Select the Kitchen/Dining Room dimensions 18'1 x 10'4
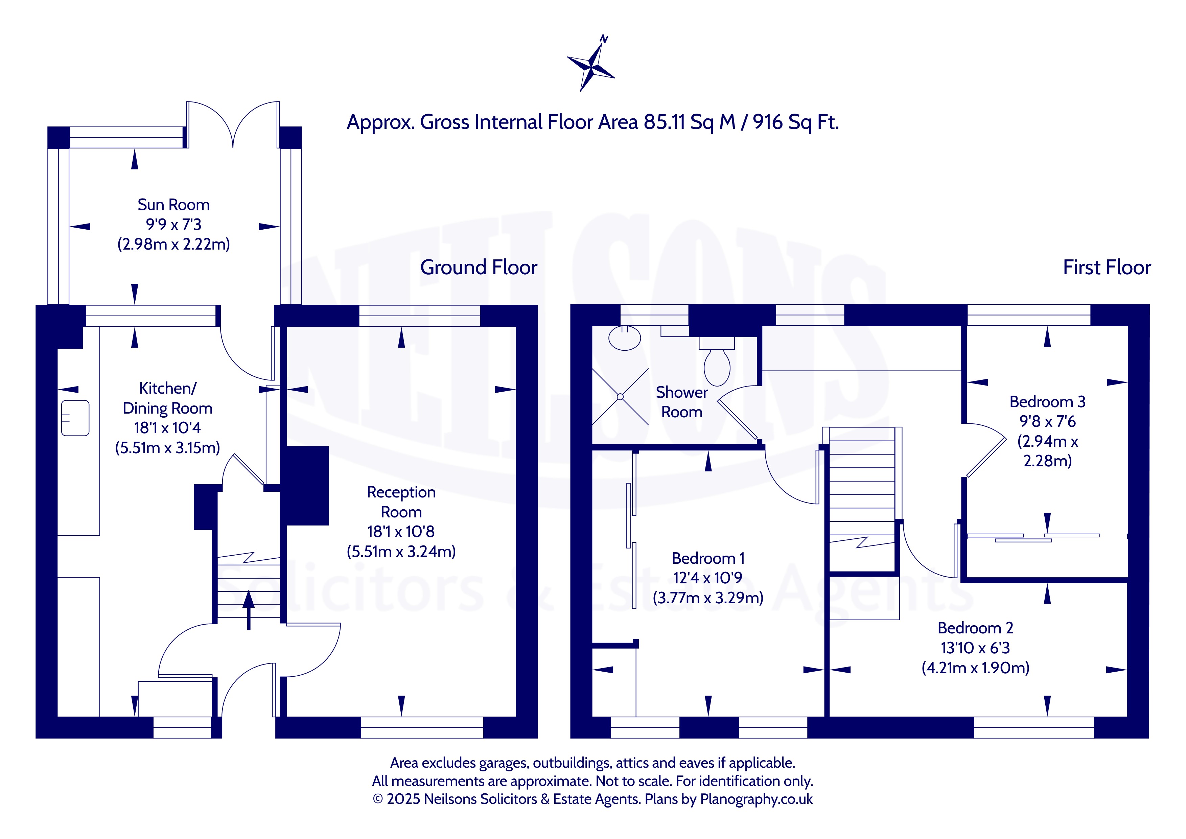(167, 428)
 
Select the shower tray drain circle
(620, 397)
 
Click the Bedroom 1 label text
(708, 558)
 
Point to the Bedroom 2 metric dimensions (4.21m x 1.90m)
(975, 668)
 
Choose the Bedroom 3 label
(1048, 402)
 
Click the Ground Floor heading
(479, 267)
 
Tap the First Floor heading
(1107, 267)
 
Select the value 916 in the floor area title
(769, 122)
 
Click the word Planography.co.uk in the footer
(756, 799)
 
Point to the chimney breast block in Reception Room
(305, 486)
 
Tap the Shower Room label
(682, 402)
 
